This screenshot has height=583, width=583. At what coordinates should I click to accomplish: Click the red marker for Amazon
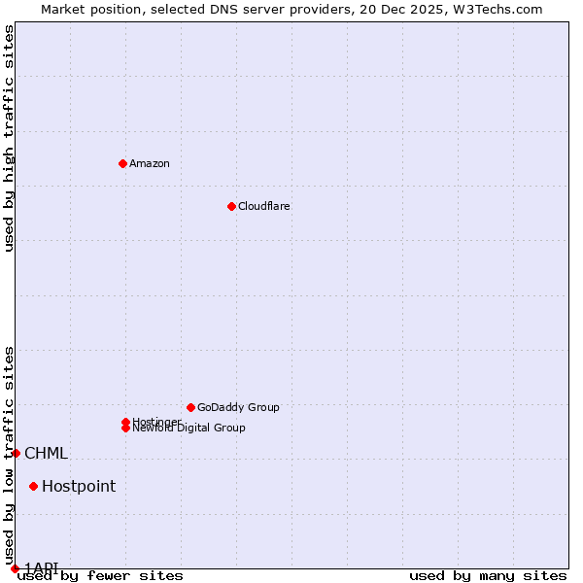click(x=122, y=163)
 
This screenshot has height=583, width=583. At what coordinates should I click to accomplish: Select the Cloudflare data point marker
click(x=231, y=206)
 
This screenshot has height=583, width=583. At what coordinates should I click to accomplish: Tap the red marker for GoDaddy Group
click(x=190, y=407)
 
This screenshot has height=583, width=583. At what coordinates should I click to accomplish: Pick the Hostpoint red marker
click(x=33, y=486)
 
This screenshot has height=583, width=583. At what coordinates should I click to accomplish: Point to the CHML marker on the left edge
click(x=16, y=453)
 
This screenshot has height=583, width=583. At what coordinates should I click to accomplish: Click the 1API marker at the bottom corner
click(x=15, y=568)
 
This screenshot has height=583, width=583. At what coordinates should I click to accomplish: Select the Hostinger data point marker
click(x=125, y=422)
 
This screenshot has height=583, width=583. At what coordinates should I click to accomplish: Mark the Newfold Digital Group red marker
click(x=125, y=428)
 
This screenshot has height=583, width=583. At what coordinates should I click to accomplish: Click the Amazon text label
click(x=149, y=163)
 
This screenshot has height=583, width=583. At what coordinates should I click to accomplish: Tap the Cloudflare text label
click(x=263, y=206)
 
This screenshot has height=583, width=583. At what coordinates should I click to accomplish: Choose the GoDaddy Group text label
click(x=237, y=407)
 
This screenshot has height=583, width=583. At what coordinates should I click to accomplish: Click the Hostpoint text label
click(x=78, y=486)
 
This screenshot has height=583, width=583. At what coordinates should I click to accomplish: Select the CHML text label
click(x=46, y=453)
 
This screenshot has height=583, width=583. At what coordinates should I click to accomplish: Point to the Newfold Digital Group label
click(x=189, y=429)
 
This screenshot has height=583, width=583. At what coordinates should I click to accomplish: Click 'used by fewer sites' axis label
click(x=100, y=576)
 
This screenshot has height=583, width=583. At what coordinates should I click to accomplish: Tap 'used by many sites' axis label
click(x=488, y=576)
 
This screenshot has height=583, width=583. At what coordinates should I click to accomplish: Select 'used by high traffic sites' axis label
click(x=9, y=138)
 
